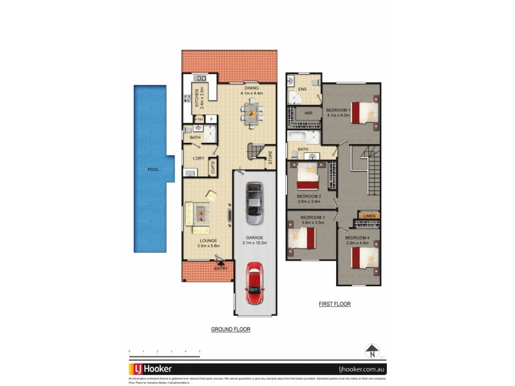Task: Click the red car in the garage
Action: pyautogui.click(x=256, y=284)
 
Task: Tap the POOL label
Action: pyautogui.click(x=153, y=170)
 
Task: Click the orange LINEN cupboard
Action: pyautogui.click(x=370, y=216)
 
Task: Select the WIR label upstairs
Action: pyautogui.click(x=308, y=113)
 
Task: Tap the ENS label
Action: pyautogui.click(x=303, y=90)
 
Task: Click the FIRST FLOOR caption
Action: pyautogui.click(x=334, y=304)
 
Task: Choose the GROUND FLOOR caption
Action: pyautogui.click(x=230, y=329)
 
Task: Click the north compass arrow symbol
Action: pyautogui.click(x=371, y=351)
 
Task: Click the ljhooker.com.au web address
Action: pyautogui.click(x=357, y=370)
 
